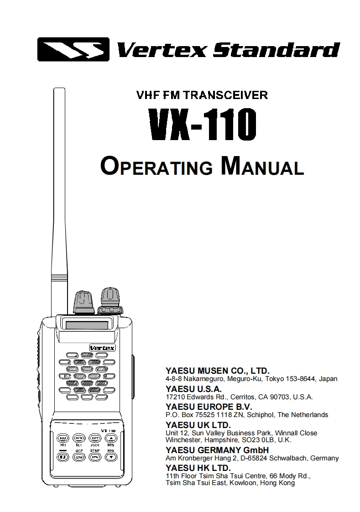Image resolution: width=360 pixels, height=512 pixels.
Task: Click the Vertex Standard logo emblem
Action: click(x=73, y=49)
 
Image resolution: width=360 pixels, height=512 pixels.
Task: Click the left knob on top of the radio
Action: click(x=83, y=301)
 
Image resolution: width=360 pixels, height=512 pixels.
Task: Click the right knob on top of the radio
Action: click(x=110, y=300)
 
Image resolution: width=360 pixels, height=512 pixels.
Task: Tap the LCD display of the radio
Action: click(x=87, y=326)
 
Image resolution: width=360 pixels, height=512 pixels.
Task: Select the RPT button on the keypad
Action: click(x=94, y=438)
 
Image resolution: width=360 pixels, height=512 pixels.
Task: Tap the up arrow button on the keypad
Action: click(x=111, y=438)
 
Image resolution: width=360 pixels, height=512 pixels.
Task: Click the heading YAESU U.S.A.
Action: click(x=193, y=389)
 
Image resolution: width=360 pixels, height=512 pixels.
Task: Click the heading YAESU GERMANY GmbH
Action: click(x=217, y=450)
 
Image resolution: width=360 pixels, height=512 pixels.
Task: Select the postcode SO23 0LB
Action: click(x=264, y=440)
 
